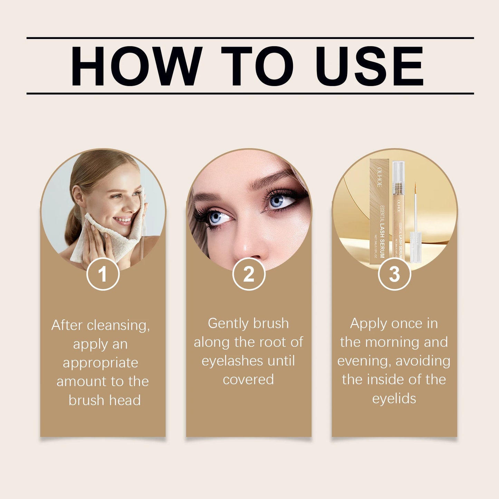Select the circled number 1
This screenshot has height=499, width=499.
103,274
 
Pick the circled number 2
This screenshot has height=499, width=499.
249,274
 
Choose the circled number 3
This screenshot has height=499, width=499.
394,274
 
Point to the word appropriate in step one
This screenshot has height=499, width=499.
100,363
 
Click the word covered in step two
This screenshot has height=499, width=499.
248,380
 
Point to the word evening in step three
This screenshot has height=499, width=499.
364,361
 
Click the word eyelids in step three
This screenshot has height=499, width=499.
394,399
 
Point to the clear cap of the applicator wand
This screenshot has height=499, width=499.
415,245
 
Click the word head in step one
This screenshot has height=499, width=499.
125,401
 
